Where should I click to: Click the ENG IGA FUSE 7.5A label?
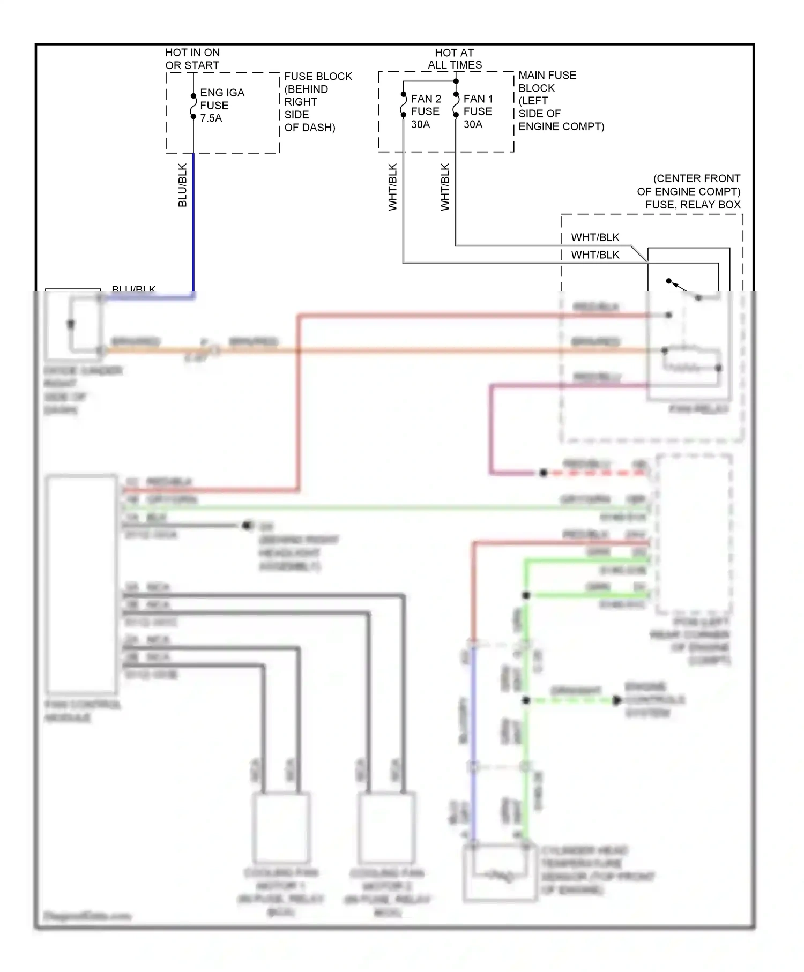[x=221, y=106]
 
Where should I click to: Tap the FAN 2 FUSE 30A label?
[x=426, y=111]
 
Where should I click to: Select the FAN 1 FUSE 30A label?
[x=478, y=111]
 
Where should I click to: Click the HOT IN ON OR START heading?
[x=192, y=59]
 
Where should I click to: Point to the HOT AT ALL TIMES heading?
[x=455, y=59]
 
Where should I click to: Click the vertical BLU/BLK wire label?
[x=182, y=185]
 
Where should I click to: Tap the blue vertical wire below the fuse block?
[x=193, y=225]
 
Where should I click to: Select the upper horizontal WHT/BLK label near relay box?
[x=595, y=237]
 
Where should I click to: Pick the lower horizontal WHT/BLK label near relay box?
[x=595, y=255]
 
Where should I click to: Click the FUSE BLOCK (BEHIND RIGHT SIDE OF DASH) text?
[x=317, y=102]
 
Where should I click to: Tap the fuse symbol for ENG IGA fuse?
[x=193, y=106]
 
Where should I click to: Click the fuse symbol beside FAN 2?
[x=404, y=104]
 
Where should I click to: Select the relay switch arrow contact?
[x=680, y=287]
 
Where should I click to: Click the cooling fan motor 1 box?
[x=281, y=828]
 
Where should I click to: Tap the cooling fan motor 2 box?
[x=386, y=828]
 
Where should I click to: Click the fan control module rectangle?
[x=81, y=584]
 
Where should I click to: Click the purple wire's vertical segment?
[x=491, y=429]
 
